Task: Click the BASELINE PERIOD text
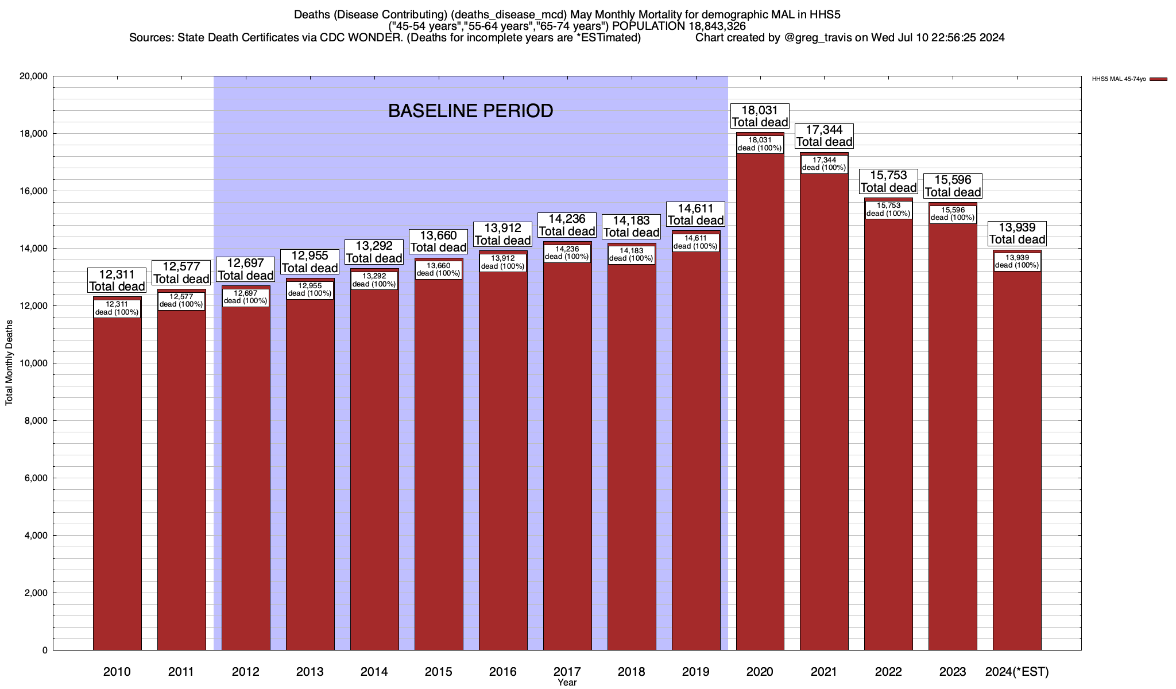click(x=470, y=111)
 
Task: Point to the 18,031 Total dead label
click(x=760, y=116)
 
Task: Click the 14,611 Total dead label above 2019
click(x=695, y=214)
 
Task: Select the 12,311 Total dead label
click(x=117, y=280)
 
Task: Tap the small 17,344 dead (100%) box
click(x=824, y=164)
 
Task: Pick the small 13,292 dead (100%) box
click(x=374, y=280)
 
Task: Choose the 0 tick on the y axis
click(x=44, y=651)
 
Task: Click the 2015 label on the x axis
click(x=438, y=672)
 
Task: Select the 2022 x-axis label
click(x=888, y=672)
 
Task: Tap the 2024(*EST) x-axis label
click(x=1017, y=672)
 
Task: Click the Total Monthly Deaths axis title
click(x=9, y=363)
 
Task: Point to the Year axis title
click(x=567, y=683)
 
